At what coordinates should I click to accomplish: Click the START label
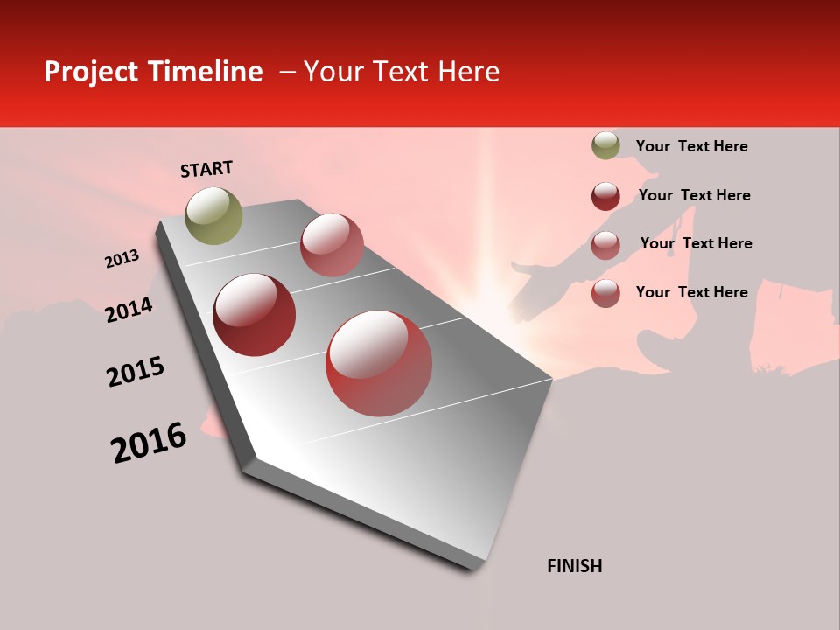(206, 169)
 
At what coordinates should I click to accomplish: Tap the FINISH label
(575, 566)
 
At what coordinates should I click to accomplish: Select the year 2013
(122, 259)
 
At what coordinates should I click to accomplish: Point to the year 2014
(129, 311)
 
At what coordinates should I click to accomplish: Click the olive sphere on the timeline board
(214, 215)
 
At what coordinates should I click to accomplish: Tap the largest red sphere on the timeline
(379, 363)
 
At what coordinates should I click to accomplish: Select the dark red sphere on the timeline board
(255, 315)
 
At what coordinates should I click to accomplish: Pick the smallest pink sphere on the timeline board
(332, 245)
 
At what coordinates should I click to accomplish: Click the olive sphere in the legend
(605, 145)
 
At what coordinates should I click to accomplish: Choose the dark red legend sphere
(605, 196)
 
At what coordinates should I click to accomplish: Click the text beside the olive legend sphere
(691, 146)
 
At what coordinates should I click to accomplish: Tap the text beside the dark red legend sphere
(694, 195)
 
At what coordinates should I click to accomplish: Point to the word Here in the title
(468, 72)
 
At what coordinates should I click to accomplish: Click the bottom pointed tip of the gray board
(477, 567)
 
